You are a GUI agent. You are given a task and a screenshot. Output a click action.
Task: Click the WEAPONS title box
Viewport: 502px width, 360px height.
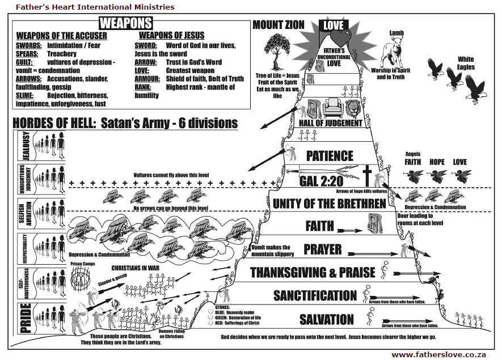pyautogui.click(x=126, y=23)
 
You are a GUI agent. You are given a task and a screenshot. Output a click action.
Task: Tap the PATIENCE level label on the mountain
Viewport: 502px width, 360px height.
pyautogui.click(x=330, y=156)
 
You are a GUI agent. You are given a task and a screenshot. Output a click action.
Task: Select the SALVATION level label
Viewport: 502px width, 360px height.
pyautogui.click(x=327, y=319)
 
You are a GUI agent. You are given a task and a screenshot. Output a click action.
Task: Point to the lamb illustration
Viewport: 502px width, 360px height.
pyautogui.click(x=393, y=54)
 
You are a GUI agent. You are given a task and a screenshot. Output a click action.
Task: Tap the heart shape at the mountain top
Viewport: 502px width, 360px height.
pyautogui.click(x=339, y=40)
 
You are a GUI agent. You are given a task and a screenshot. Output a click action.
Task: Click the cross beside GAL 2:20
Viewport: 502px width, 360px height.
pyautogui.click(x=367, y=176)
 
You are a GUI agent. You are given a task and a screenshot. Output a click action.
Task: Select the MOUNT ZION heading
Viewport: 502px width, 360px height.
pyautogui.click(x=279, y=25)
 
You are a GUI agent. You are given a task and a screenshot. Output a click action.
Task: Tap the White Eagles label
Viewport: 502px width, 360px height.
pyautogui.click(x=466, y=63)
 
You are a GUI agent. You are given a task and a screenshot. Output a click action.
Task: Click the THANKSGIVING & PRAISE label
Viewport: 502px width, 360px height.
pyautogui.click(x=313, y=272)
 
